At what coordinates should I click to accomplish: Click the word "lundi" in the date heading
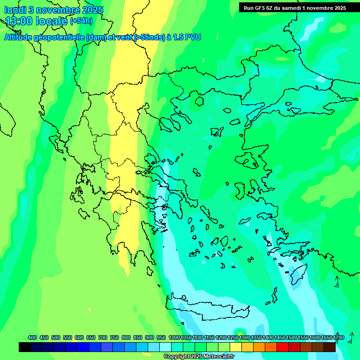[15, 10]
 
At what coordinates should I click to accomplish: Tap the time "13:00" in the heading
[19, 21]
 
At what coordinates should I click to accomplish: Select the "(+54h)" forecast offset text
[81, 21]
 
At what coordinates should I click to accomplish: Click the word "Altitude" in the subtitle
[21, 37]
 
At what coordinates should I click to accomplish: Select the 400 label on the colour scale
[32, 337]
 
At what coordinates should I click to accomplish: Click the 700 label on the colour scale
[103, 337]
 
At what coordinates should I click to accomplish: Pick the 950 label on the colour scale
[161, 337]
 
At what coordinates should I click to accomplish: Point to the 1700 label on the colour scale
[338, 337]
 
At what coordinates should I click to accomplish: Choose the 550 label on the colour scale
[67, 337]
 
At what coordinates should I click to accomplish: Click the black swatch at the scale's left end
[25, 347]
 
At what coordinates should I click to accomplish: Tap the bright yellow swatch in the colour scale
[236, 347]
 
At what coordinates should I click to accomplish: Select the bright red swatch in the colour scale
[283, 347]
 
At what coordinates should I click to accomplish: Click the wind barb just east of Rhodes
[337, 282]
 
